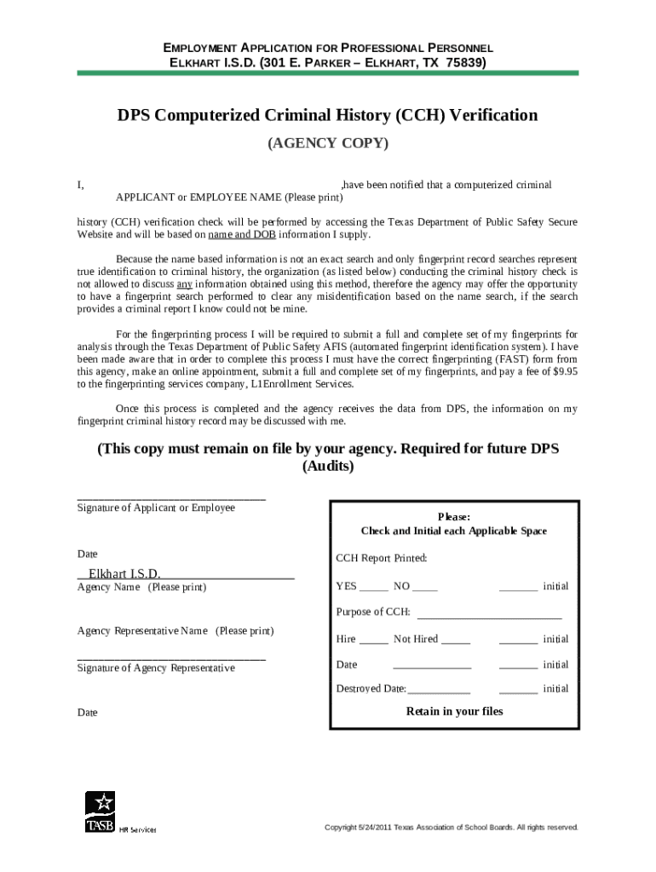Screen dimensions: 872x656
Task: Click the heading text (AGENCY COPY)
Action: (x=328, y=143)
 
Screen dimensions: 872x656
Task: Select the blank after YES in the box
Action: (x=374, y=588)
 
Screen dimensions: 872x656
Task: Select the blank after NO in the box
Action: (x=425, y=588)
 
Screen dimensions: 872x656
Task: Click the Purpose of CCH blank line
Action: (x=489, y=613)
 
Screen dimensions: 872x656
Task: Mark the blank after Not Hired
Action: (x=456, y=640)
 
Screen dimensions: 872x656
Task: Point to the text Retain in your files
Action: (x=454, y=711)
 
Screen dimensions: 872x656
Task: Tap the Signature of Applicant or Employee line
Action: (x=171, y=497)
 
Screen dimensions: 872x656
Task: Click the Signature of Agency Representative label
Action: (x=156, y=668)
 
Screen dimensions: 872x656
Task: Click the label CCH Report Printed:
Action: (x=381, y=559)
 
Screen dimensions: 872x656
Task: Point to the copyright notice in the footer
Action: (x=452, y=827)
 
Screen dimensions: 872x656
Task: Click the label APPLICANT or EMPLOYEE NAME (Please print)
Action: (x=217, y=198)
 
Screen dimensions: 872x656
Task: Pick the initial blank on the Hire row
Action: (x=518, y=640)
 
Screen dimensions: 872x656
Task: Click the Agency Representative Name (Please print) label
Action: (x=176, y=631)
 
